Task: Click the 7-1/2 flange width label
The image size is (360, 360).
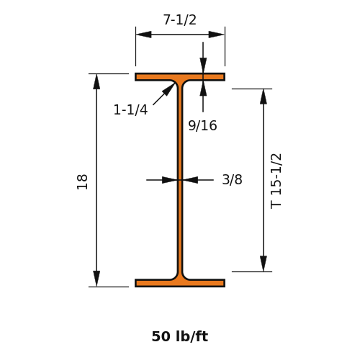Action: (x=180, y=19)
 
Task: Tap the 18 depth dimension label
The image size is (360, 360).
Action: (x=82, y=181)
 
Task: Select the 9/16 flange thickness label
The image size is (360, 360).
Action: (x=202, y=125)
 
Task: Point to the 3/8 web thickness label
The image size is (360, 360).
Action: (x=232, y=179)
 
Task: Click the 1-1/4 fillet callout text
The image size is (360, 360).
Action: (x=130, y=110)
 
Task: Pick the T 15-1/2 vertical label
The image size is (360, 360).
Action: (x=276, y=181)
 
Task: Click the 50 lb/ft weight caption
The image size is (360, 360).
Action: (x=180, y=336)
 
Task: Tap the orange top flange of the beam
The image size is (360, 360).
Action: (x=180, y=77)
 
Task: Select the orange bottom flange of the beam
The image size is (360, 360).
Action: (x=180, y=283)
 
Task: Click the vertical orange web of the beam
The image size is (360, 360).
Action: (x=180, y=180)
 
